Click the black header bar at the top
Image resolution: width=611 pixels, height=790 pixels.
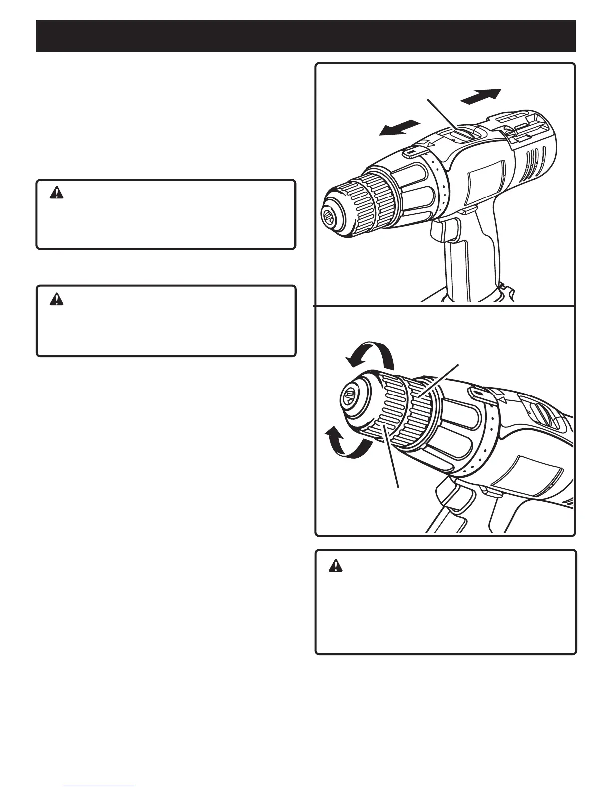pyautogui.click(x=305, y=36)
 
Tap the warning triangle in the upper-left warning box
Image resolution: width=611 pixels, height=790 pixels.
pyautogui.click(x=57, y=194)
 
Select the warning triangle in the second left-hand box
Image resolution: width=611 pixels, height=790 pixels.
pyautogui.click(x=57, y=299)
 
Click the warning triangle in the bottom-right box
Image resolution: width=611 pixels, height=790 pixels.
pyautogui.click(x=336, y=565)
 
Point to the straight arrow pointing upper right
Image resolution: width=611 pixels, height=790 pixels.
pyautogui.click(x=480, y=96)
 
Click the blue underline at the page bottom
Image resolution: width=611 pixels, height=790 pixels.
pyautogui.click(x=99, y=786)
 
